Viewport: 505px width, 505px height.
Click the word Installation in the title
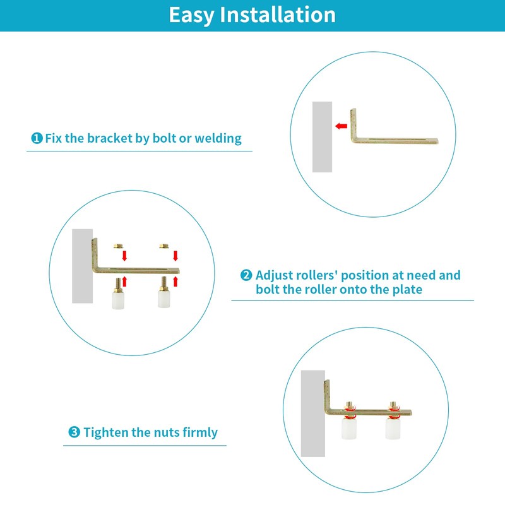click(277, 15)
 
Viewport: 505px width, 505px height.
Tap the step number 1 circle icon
click(37, 138)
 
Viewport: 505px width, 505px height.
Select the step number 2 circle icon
click(246, 276)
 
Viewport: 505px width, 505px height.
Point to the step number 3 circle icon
click(74, 433)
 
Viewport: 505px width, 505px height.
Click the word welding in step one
click(218, 138)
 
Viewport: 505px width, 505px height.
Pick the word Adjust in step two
click(275, 275)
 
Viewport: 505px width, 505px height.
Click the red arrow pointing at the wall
click(342, 126)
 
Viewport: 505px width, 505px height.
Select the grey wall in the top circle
click(322, 136)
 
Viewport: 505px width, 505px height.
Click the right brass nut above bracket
click(163, 244)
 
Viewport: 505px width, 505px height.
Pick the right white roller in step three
click(393, 430)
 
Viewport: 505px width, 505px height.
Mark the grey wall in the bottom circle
click(312, 413)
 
